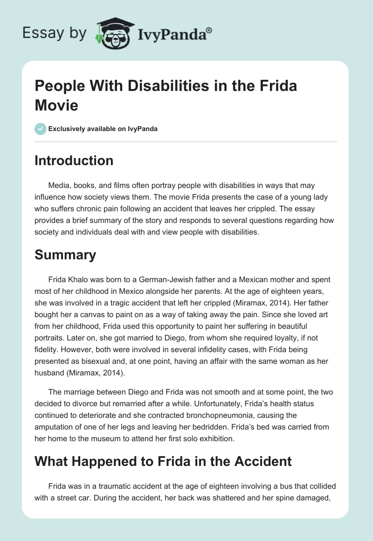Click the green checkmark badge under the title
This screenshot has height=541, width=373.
41,129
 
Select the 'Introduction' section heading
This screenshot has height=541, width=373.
74,160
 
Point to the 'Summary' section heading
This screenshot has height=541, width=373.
65,255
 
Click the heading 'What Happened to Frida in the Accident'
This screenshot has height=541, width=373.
163,462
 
